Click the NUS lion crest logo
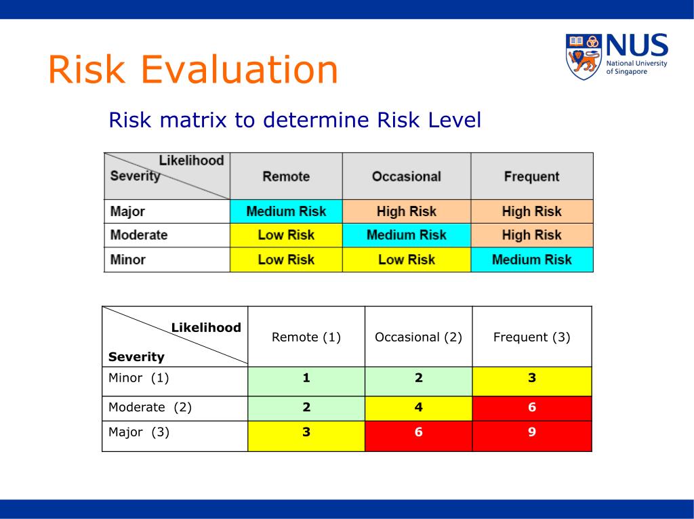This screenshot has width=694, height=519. pos(584,56)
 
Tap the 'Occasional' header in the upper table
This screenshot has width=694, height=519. pos(406,177)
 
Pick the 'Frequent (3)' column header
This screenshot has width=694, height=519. pos(531,337)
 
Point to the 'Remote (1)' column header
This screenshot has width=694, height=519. pos(306,337)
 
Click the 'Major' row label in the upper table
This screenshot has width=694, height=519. pos(128,211)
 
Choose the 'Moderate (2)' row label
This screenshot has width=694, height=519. pos(150,407)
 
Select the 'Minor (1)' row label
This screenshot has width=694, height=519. pos(138,378)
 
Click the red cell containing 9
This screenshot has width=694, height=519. pos(531,432)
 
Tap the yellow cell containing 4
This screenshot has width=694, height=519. pos(418,408)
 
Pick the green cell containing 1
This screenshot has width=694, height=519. pos(306,379)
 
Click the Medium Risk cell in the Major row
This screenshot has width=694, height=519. pos(286,211)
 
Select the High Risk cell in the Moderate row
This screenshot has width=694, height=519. pos(531,235)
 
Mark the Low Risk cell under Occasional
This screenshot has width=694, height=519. pos(406,259)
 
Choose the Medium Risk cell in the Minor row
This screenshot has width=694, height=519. pos(531,259)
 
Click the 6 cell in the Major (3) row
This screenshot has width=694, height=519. pos(418,432)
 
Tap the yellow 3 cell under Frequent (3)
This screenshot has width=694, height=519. pos(531,379)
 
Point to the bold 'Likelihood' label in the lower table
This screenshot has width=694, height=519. pos(206,328)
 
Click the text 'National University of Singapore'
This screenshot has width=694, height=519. pos(636,67)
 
